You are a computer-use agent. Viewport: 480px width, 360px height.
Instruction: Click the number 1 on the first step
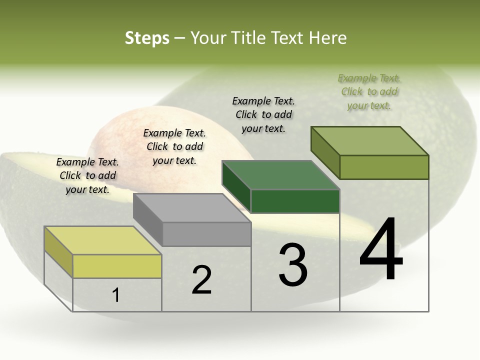pos(116,295)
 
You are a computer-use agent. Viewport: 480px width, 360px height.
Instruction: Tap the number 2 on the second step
pos(201,280)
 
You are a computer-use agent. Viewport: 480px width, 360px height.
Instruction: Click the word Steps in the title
pos(147,38)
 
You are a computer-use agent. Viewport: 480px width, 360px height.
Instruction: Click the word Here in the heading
pos(327,38)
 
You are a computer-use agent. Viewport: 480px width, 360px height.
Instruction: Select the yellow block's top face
pos(102,240)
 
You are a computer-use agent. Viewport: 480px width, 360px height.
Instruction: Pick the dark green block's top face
pos(280,175)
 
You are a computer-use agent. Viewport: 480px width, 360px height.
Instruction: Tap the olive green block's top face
pos(369,141)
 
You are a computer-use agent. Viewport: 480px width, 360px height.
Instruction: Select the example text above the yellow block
pos(87,175)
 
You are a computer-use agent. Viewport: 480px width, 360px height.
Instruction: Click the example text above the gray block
pos(174,146)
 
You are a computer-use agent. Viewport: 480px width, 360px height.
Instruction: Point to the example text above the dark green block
pos(263,114)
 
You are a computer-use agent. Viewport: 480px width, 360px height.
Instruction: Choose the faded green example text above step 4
pos(369,91)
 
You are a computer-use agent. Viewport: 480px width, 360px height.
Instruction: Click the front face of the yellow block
pos(117,266)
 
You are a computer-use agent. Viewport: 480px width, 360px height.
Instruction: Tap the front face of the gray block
pos(206,234)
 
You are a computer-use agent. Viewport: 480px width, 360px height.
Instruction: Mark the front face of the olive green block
pos(384,167)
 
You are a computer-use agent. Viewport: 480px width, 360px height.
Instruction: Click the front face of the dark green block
pos(295,201)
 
